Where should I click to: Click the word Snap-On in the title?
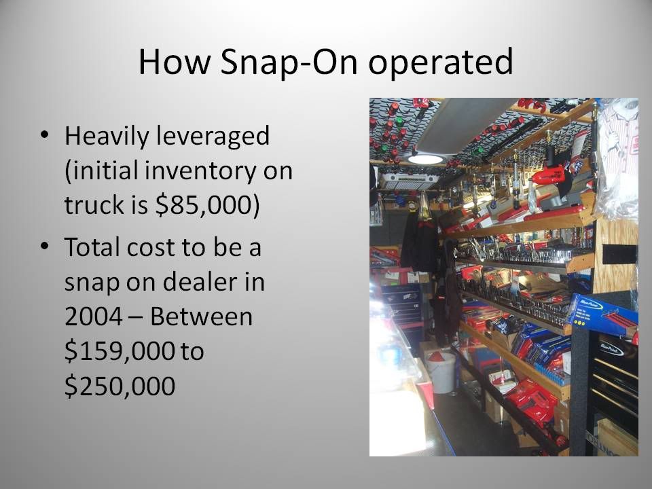pos(289,62)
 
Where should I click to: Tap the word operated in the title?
pos(441,62)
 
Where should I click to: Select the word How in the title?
pos(175,62)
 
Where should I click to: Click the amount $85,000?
pos(202,205)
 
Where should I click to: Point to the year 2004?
pos(94,317)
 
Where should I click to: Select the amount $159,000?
pos(120,351)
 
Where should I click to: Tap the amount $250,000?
pos(120,386)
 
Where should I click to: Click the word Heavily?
pos(107,137)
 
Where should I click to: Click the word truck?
pos(94,205)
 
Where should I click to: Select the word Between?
pos(201,317)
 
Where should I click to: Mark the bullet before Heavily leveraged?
pos(45,135)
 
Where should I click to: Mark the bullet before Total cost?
pos(45,246)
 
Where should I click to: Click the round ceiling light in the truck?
pos(425,159)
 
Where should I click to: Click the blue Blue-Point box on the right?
pos(604,316)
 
